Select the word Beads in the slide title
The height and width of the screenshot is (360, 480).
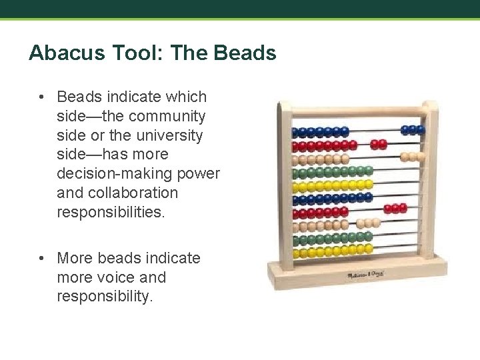(x=247, y=53)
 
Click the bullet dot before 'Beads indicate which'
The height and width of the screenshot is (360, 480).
(x=41, y=97)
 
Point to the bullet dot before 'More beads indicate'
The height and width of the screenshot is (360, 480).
(x=41, y=257)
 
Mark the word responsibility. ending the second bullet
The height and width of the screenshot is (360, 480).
(x=105, y=296)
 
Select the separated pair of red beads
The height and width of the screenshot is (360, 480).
(x=379, y=143)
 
